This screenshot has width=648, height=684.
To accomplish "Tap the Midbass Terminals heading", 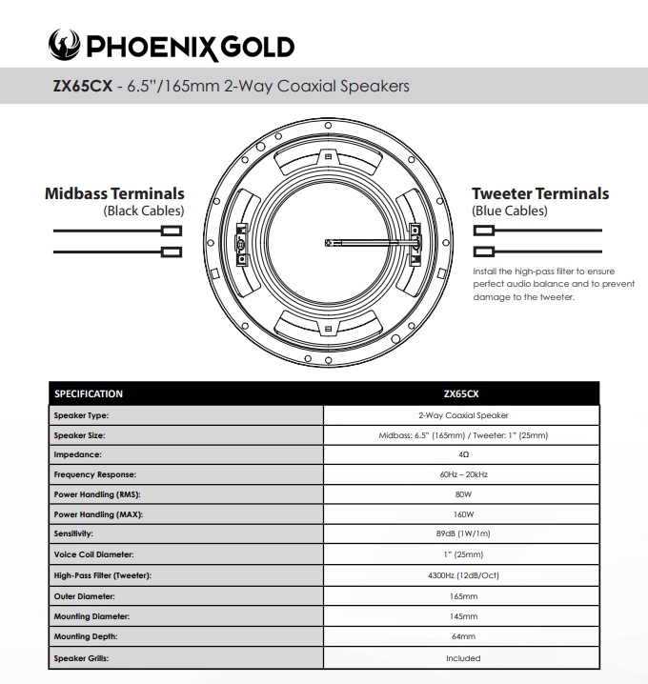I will point(114,193).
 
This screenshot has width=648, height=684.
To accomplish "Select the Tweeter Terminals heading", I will point(539,193).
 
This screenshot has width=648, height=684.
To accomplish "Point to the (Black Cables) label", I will point(143,211).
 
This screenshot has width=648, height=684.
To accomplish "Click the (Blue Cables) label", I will point(509,211).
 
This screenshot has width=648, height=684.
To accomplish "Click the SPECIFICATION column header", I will point(89,393).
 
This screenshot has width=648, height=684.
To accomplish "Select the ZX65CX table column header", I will point(461,393).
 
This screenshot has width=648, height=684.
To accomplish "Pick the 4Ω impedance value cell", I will point(461,454).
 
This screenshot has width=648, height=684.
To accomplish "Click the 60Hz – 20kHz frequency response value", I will point(461,474).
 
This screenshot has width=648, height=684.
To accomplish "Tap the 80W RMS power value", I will point(461,494).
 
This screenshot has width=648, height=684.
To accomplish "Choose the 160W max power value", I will point(461,514).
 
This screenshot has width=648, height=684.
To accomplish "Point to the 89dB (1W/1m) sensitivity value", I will point(461,534).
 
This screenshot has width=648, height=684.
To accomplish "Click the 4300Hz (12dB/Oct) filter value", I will point(461,575).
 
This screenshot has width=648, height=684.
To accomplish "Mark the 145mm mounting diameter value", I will point(461,616).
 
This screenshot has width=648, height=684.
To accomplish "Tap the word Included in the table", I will point(461,657).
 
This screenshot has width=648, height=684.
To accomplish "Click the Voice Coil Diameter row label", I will point(94,554).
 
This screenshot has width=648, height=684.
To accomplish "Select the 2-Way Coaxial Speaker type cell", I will point(461,415).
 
